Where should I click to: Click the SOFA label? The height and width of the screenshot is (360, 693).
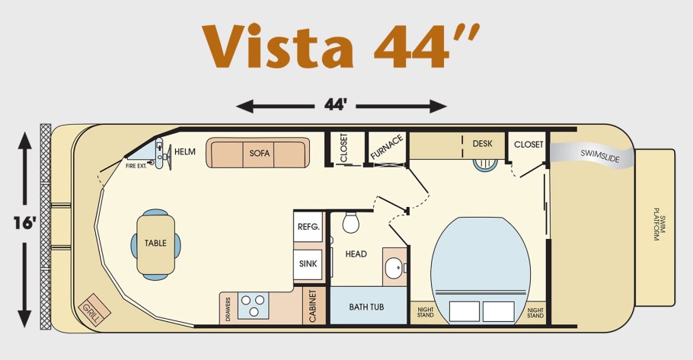tap(260, 153)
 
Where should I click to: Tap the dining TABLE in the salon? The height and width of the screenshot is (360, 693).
tap(155, 244)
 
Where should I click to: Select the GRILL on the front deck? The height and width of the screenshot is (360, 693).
tap(94, 309)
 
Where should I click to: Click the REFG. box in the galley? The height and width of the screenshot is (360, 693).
tap(308, 227)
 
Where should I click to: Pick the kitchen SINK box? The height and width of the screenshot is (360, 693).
tap(308, 264)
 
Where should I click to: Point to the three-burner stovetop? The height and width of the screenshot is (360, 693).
tap(254, 305)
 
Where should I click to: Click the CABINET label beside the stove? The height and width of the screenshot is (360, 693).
tap(312, 306)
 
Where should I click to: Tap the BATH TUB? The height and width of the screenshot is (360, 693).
tap(368, 306)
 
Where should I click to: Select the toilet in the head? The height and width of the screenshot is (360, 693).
tap(351, 222)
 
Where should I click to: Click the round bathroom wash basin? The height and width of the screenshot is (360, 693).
tap(394, 268)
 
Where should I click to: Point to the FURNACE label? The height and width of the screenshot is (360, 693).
tap(387, 147)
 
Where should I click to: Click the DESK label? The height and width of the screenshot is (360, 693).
tap(482, 144)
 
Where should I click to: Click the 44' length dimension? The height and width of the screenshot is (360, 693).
tap(335, 105)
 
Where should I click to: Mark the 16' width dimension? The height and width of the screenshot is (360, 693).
tap(24, 223)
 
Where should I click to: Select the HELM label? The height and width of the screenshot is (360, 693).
tap(185, 151)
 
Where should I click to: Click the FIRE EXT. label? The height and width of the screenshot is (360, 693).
tap(136, 166)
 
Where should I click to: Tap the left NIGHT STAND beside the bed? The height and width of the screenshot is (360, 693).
tap(425, 313)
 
